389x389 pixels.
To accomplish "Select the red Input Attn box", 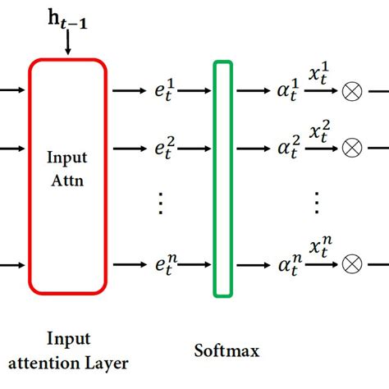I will (68, 176).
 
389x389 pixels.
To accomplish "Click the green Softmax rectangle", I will (222, 177).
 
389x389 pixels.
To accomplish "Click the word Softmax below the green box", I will (227, 350).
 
